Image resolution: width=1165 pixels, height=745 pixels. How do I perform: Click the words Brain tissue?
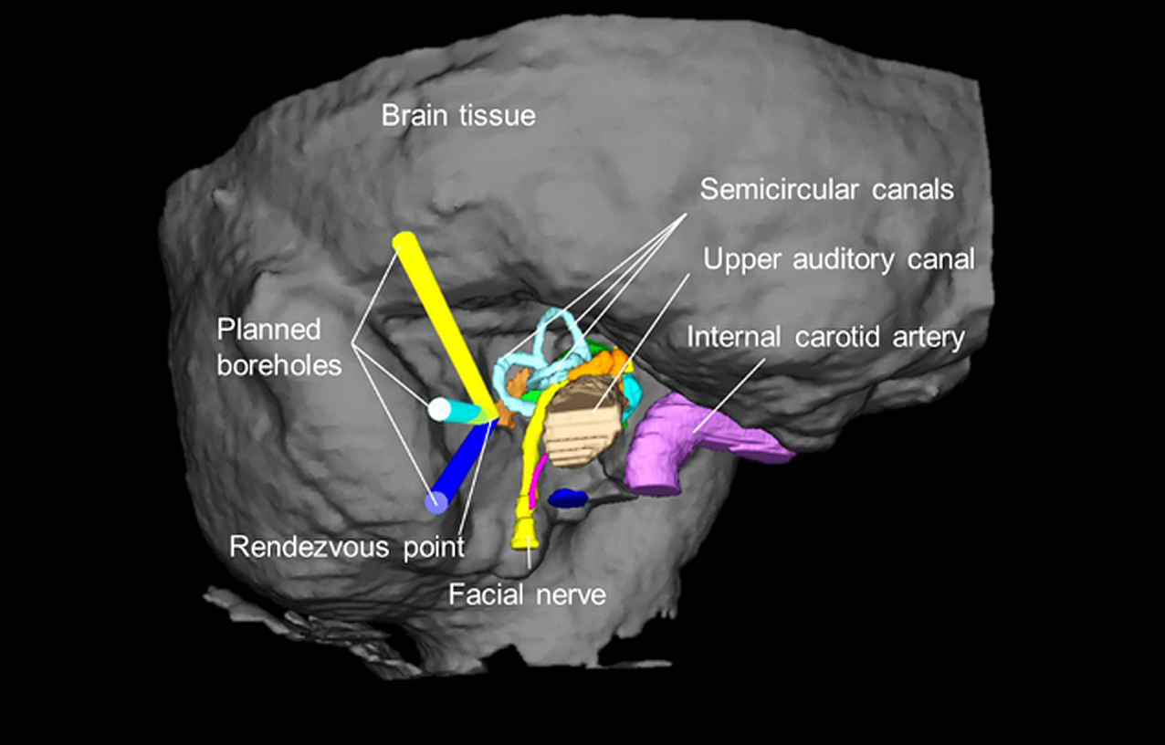(458, 116)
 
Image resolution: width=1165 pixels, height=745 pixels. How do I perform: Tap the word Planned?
(269, 330)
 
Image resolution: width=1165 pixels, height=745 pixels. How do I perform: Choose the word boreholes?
(279, 365)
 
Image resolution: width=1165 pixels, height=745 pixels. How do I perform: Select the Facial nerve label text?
(527, 595)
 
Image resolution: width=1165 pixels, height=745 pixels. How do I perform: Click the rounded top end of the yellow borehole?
(404, 243)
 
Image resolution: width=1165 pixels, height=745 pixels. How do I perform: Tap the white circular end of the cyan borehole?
(440, 409)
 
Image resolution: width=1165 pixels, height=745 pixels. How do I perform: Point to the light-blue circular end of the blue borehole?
(437, 501)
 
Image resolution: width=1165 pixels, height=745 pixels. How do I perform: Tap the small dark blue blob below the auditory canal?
(567, 498)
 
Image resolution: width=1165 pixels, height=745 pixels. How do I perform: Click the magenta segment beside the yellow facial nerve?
(538, 474)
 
